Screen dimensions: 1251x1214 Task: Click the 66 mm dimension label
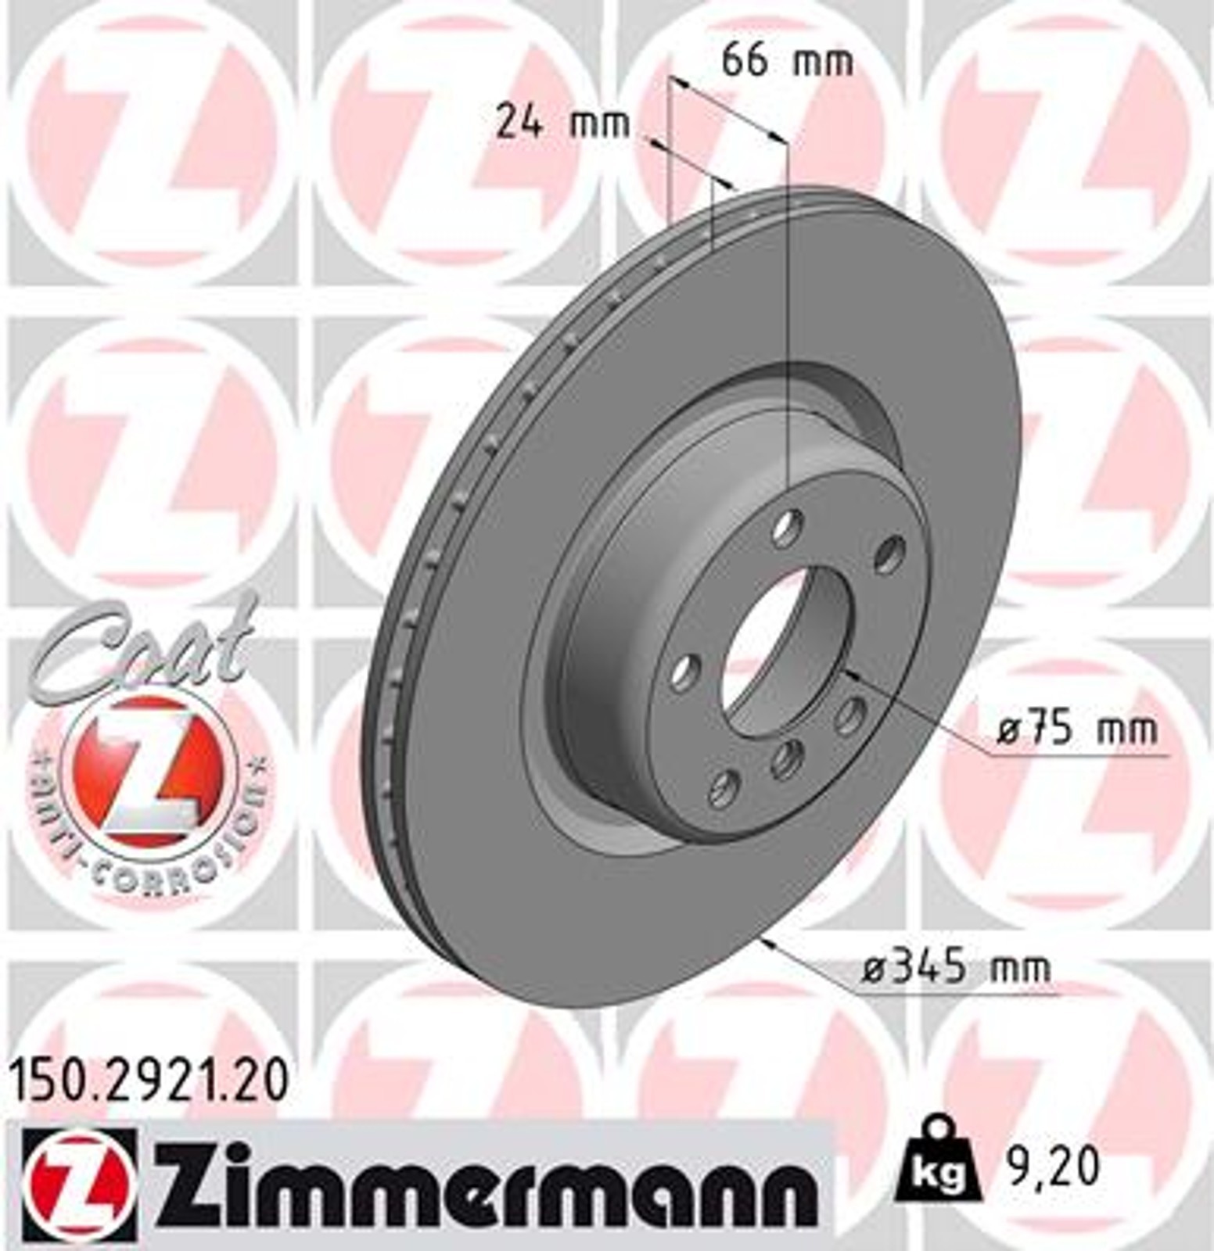point(786,61)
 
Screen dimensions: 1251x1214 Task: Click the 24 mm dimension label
point(562,123)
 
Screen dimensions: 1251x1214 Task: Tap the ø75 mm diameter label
point(1077,730)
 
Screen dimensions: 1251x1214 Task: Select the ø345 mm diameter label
point(956,970)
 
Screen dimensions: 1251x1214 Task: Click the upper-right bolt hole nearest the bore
point(889,552)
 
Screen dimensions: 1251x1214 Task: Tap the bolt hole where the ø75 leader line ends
point(849,715)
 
